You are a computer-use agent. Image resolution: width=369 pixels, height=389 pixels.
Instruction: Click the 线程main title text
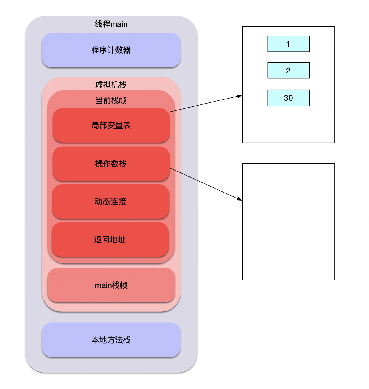click(x=111, y=24)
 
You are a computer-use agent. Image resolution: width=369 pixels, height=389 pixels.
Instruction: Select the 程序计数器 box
click(x=111, y=50)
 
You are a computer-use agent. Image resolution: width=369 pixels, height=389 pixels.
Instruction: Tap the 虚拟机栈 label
click(x=111, y=84)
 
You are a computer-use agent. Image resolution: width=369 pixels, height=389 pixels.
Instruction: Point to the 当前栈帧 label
click(x=111, y=100)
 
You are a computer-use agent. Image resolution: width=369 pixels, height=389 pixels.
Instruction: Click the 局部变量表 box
click(x=111, y=125)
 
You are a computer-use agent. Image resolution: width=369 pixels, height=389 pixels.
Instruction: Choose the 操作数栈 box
click(x=111, y=163)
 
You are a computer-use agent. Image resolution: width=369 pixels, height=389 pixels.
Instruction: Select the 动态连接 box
click(x=110, y=201)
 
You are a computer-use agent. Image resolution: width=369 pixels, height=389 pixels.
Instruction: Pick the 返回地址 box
click(x=110, y=239)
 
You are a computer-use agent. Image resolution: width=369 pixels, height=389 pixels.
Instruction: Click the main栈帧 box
click(x=111, y=285)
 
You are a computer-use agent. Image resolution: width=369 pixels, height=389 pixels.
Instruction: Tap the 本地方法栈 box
click(x=111, y=340)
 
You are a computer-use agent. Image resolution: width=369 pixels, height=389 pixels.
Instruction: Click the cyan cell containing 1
click(x=288, y=44)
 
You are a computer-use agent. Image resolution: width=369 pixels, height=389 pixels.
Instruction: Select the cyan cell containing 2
click(x=288, y=70)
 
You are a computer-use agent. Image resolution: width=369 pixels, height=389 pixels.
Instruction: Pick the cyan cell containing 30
click(x=288, y=98)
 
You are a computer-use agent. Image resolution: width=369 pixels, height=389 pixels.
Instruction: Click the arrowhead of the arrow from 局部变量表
click(x=240, y=96)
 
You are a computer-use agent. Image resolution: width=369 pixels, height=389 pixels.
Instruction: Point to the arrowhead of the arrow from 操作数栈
click(x=240, y=199)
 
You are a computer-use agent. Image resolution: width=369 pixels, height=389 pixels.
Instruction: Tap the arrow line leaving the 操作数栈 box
click(x=206, y=184)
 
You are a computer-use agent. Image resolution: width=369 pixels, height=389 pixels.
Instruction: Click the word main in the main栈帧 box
click(x=103, y=285)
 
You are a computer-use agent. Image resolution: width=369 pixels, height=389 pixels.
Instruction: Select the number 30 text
click(x=288, y=98)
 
